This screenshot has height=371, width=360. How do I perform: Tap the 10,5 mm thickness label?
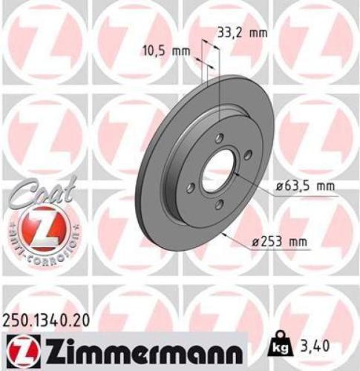click(x=166, y=52)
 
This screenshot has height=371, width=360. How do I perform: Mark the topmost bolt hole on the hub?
click(x=218, y=138)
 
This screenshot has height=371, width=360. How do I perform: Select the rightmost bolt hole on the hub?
click(x=248, y=155)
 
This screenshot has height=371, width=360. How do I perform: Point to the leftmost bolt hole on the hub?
click(x=192, y=187)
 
